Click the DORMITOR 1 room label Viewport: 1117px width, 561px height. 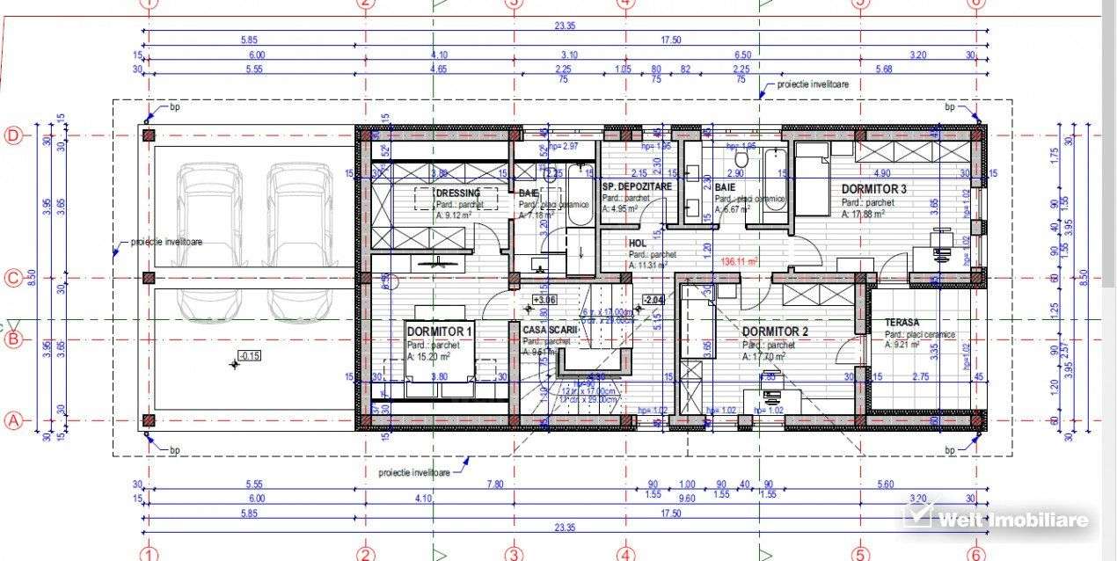tap(440, 330)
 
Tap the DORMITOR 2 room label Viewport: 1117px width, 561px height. tap(775, 331)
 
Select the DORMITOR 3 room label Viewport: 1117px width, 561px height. tap(873, 189)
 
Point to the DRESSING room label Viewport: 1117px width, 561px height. tap(458, 193)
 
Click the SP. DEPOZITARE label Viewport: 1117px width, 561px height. tap(637, 187)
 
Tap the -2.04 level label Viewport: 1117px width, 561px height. tap(653, 299)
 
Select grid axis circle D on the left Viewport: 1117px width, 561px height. tap(13, 135)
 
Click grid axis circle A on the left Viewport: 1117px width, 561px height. tap(13, 420)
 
